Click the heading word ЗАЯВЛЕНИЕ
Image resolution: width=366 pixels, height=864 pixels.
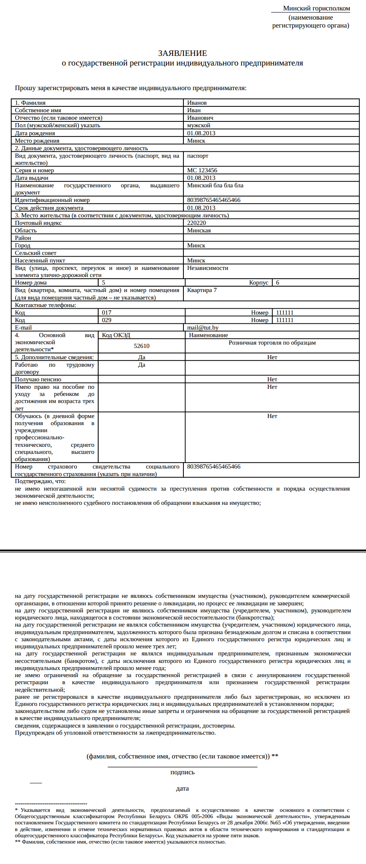click(183, 53)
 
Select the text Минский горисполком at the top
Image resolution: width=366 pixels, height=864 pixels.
click(316, 8)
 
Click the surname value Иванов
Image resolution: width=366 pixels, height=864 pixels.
click(197, 103)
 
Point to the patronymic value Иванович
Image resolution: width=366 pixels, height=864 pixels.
click(200, 118)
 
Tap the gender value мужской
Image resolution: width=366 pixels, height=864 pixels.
click(198, 125)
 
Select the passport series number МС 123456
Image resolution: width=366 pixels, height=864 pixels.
click(202, 170)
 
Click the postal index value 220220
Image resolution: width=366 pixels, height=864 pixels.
click(196, 223)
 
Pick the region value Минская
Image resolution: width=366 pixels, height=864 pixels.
click(199, 230)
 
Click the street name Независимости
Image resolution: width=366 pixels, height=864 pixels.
click(208, 268)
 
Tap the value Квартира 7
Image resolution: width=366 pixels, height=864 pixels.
click(202, 290)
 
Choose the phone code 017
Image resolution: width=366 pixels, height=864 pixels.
click(107, 312)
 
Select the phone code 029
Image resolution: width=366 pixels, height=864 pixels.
click(107, 320)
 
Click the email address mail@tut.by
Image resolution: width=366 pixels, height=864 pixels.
click(203, 328)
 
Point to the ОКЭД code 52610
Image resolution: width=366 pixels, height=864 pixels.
click(142, 346)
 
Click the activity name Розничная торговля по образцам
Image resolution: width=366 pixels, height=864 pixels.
click(272, 343)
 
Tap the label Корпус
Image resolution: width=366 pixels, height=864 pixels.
click(259, 282)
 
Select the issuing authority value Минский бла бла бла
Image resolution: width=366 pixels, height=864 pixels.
click(215, 185)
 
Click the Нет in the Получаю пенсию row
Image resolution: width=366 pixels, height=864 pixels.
click(272, 379)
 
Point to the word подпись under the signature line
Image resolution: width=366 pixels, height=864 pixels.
click(183, 772)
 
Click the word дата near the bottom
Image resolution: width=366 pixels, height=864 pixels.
click(183, 788)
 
